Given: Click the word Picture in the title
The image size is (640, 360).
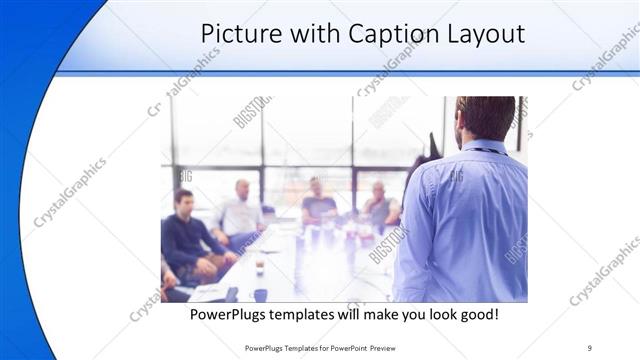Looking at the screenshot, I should (237, 33).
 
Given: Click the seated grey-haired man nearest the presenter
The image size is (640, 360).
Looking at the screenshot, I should (379, 205).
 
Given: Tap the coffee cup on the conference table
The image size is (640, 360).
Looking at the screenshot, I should (259, 266).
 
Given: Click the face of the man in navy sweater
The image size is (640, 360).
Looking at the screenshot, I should (184, 200).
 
